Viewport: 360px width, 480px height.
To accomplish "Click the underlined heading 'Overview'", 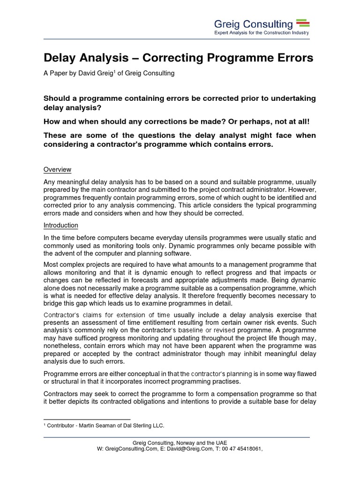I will coord(57,169).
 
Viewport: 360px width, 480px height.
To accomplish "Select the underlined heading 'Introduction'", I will coord(60,225).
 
